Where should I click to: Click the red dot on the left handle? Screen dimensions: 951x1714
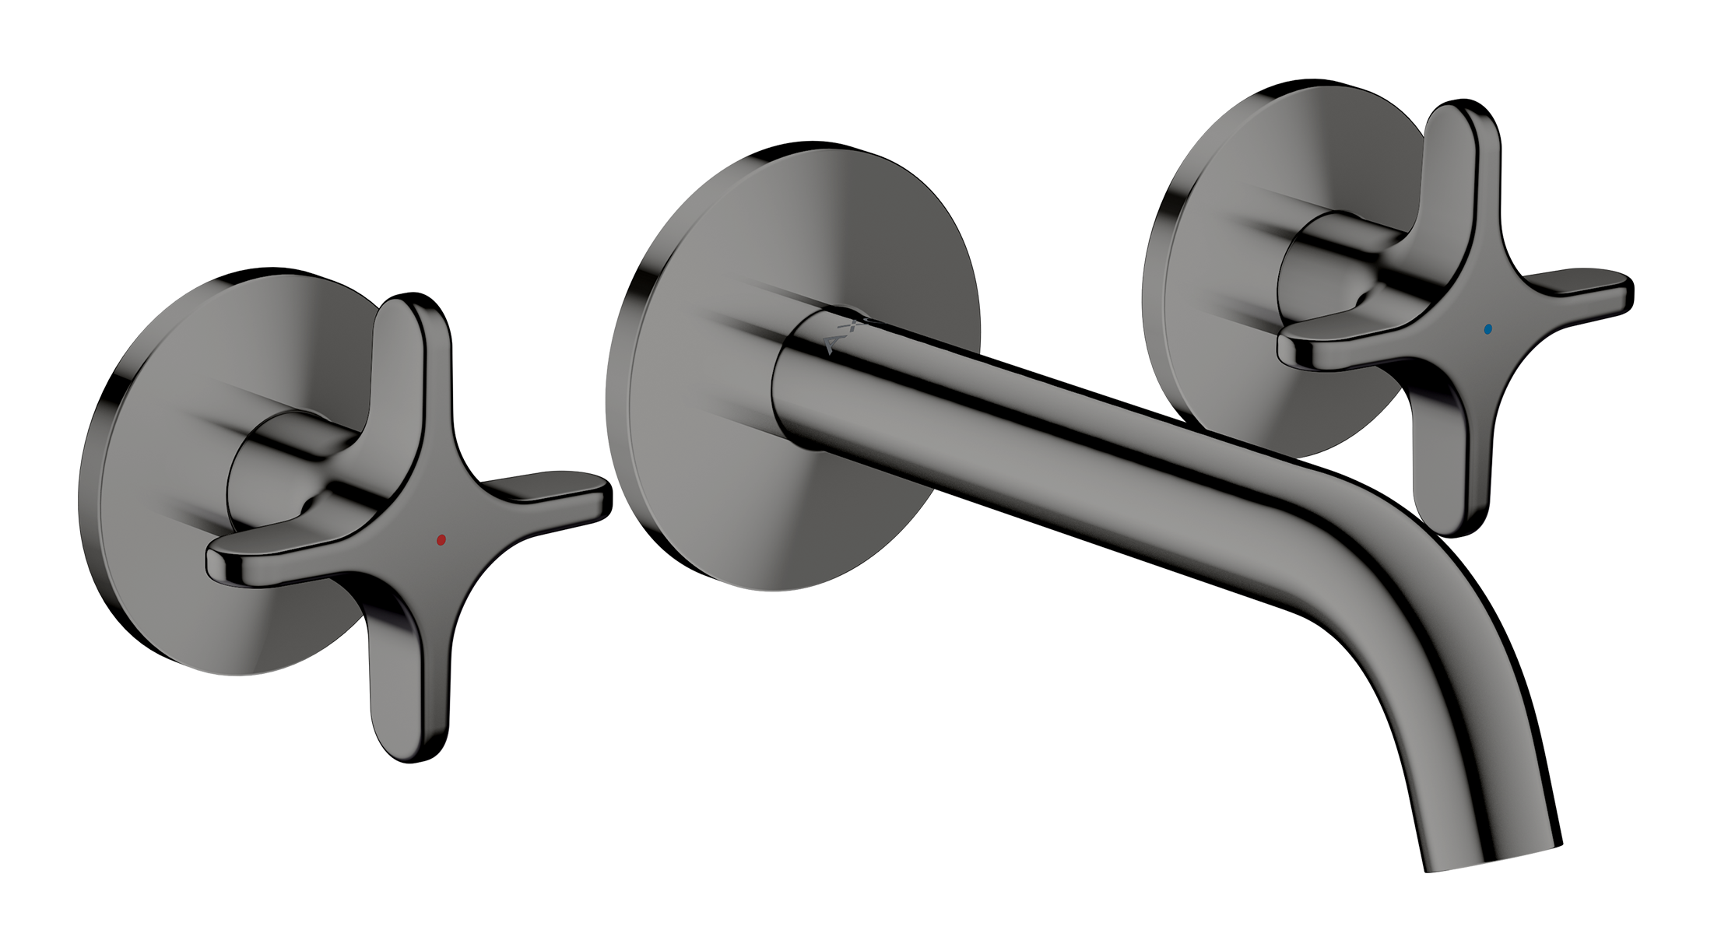click(441, 539)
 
